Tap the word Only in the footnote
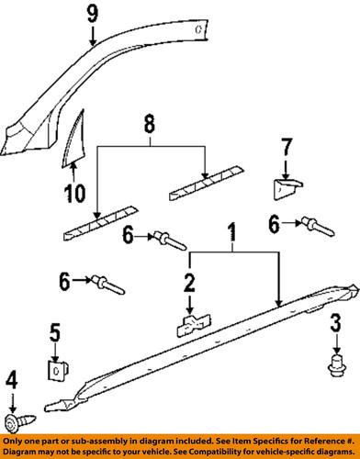(x=14, y=442)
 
